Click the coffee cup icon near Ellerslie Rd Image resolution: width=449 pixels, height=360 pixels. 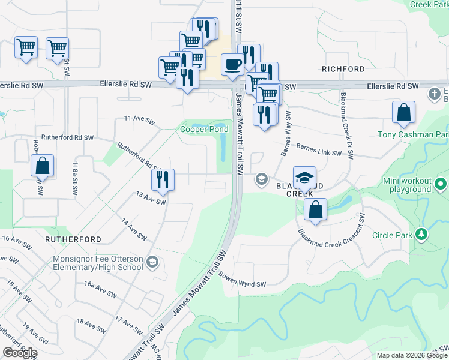click(232, 64)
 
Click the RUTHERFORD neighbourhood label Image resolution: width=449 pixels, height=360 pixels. click(73, 239)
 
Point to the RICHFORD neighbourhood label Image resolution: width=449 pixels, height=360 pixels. click(343, 69)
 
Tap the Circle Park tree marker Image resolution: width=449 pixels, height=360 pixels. click(422, 235)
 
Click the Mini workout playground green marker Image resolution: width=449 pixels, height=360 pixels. click(441, 184)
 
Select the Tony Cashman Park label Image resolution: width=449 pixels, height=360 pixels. click(413, 134)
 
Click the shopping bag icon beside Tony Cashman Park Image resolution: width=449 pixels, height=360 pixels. click(404, 112)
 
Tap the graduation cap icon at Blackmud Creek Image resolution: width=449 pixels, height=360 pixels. click(304, 176)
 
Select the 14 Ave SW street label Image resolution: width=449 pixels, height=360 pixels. click(134, 229)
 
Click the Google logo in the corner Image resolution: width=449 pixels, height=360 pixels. click(20, 353)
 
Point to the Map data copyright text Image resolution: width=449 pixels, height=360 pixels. click(412, 355)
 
